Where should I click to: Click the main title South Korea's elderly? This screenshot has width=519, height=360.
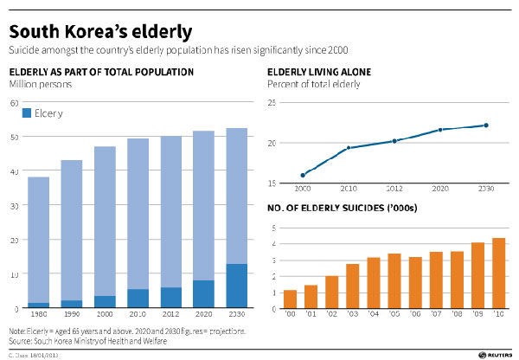(100, 33)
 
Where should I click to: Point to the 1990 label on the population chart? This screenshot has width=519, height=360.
(71, 316)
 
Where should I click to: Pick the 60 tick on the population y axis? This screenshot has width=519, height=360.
(13, 103)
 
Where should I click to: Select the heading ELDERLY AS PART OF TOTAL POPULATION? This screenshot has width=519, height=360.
(101, 72)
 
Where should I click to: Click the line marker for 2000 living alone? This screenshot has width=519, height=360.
(303, 175)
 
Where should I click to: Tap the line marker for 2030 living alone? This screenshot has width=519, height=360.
(486, 125)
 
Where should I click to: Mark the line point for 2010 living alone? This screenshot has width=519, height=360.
(349, 148)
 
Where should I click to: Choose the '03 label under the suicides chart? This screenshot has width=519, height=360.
(353, 316)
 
